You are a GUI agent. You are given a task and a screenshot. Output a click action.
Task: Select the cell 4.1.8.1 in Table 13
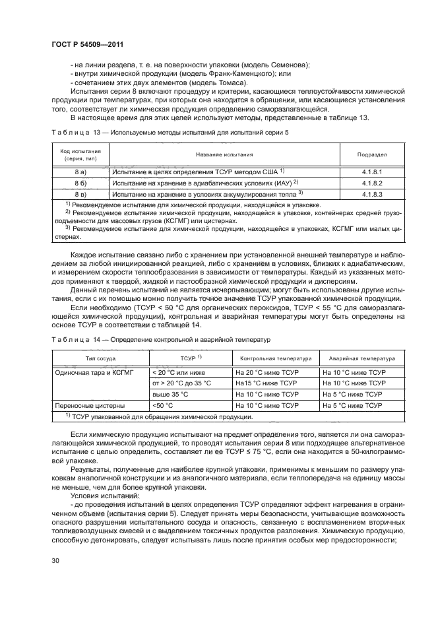(x=372, y=171)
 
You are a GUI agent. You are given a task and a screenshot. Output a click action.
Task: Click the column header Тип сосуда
(x=100, y=359)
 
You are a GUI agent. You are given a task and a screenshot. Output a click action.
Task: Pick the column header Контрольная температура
(x=275, y=359)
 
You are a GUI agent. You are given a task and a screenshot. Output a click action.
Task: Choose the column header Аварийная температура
(x=358, y=359)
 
